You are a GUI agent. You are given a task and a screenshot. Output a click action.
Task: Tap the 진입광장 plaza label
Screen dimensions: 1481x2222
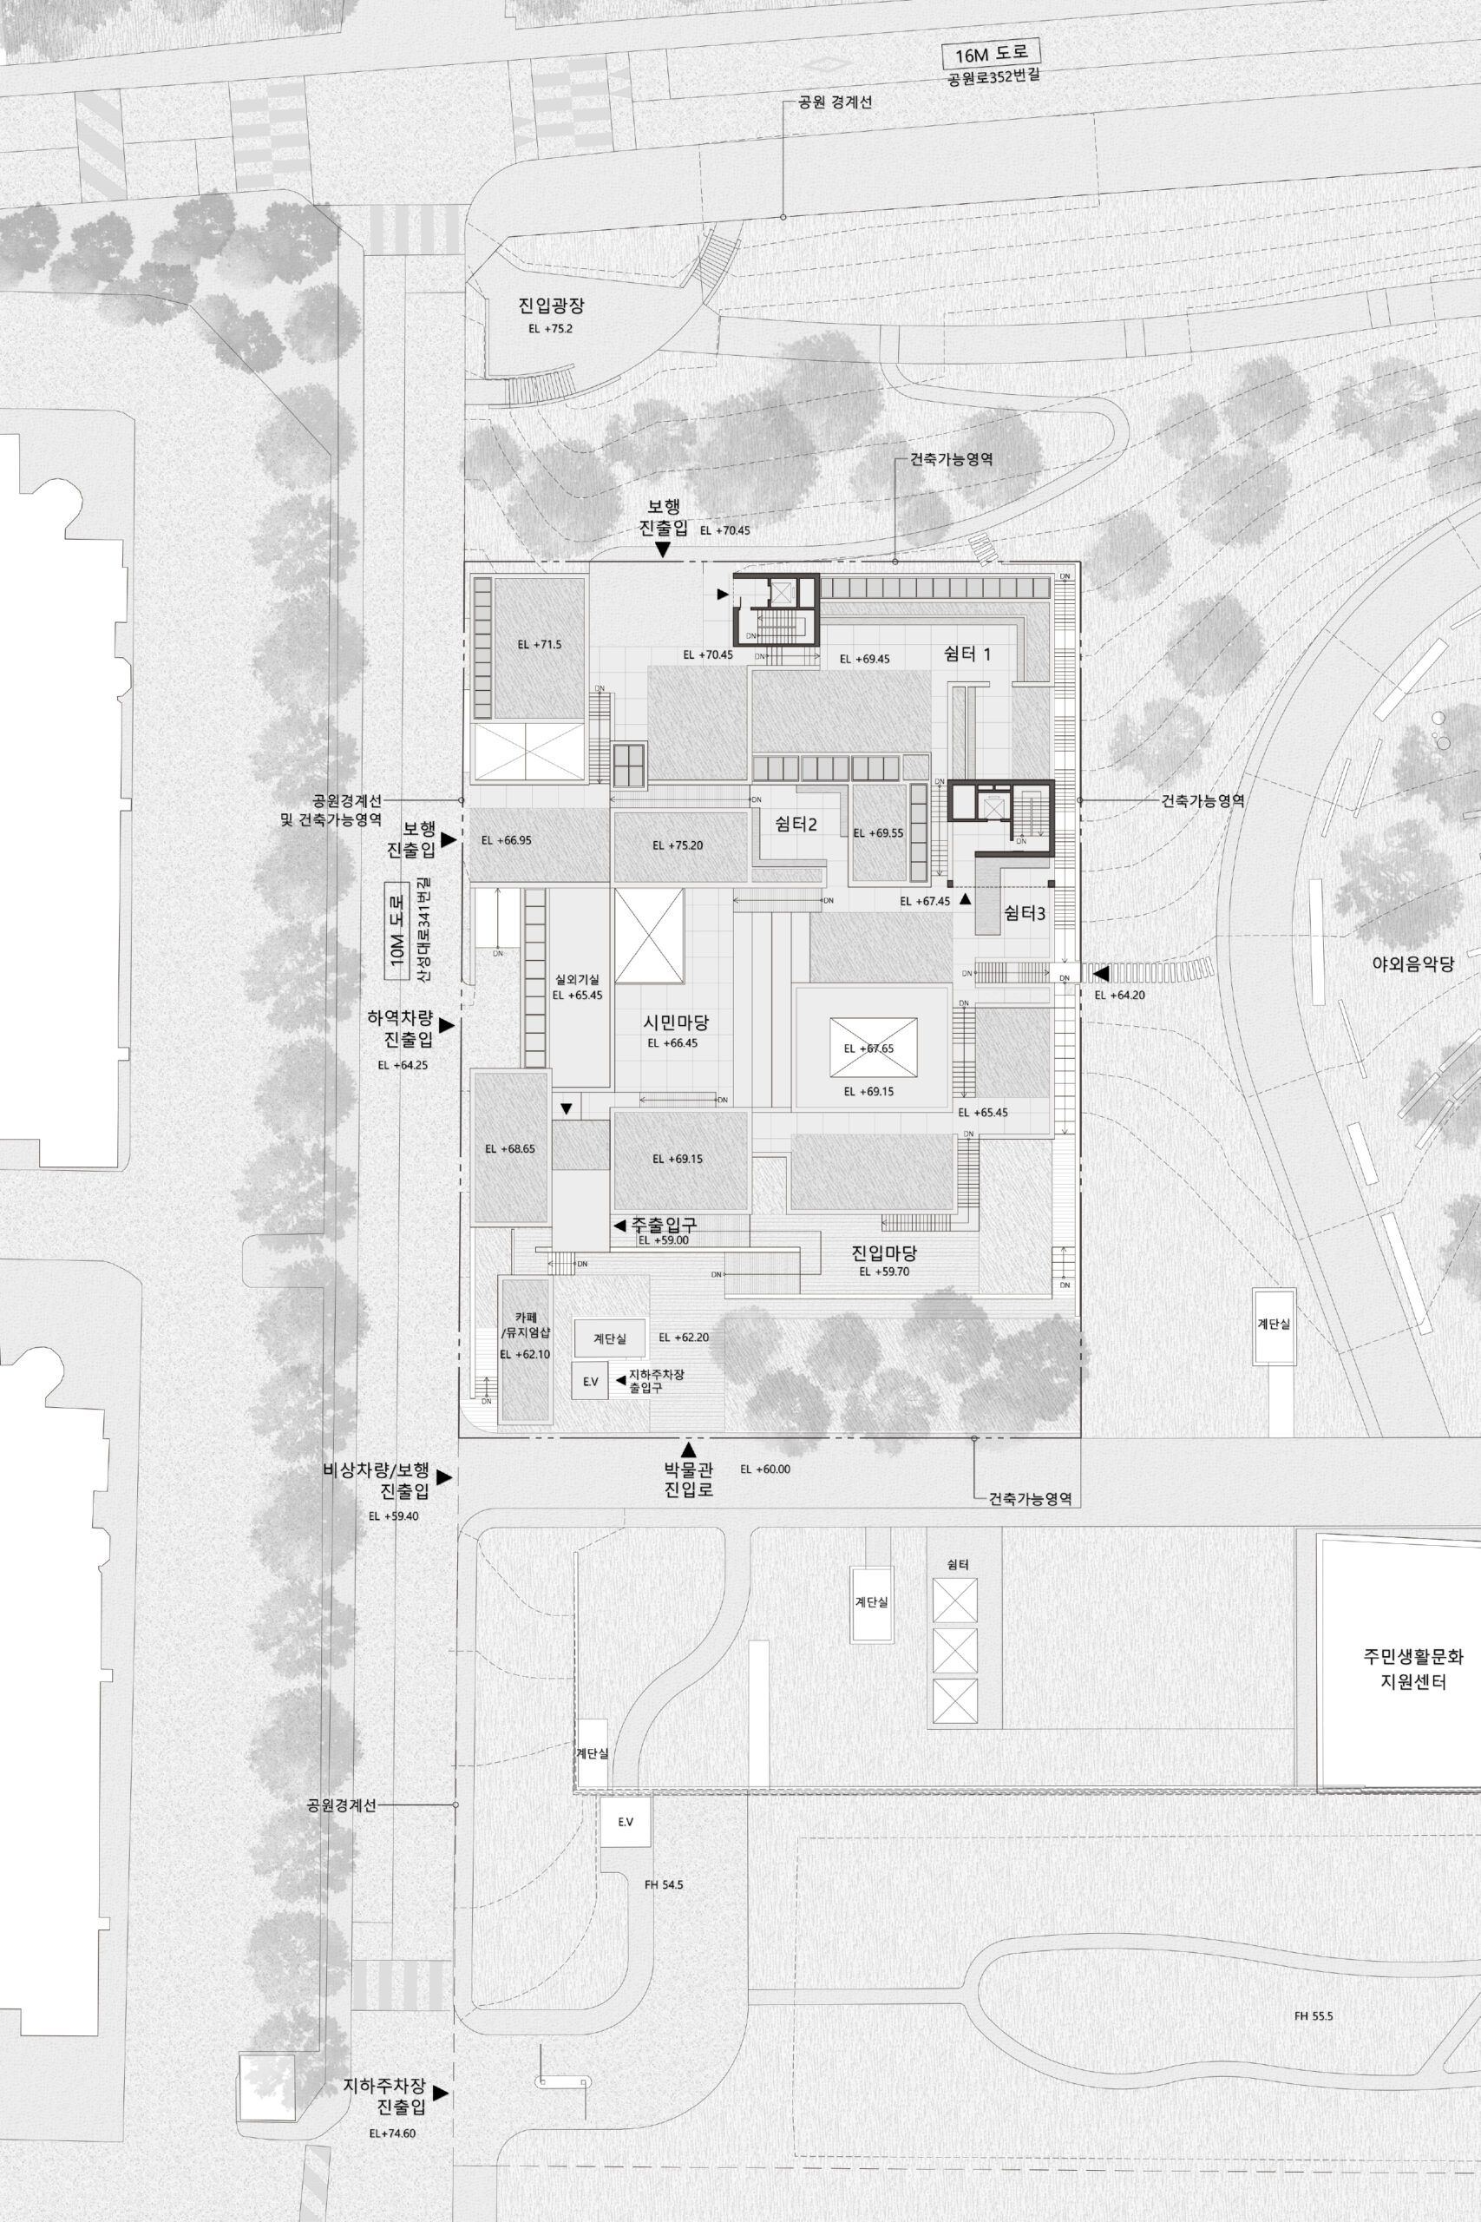tap(552, 306)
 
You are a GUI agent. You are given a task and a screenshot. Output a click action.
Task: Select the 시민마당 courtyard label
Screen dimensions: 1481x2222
tap(676, 1022)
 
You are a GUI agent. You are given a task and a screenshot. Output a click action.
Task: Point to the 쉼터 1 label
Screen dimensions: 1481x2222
tap(967, 653)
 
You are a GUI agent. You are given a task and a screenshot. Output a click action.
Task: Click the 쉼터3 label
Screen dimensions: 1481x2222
tap(1025, 914)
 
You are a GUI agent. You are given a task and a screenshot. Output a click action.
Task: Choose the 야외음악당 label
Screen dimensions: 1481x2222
tap(1413, 963)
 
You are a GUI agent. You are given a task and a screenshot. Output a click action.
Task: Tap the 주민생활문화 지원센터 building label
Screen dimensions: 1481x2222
tap(1413, 1668)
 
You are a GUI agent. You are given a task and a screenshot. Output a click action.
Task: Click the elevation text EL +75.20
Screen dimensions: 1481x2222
tap(678, 845)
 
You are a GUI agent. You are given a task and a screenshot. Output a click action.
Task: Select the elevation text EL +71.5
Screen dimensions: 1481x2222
tap(540, 644)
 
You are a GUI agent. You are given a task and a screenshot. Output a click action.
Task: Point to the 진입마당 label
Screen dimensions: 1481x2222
tap(884, 1252)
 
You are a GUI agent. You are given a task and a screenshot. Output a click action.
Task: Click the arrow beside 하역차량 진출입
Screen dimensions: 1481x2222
tap(447, 1025)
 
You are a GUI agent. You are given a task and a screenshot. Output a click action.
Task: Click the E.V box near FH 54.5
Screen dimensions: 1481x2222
tap(626, 1823)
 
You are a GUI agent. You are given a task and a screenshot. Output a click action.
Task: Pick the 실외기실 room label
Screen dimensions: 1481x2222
tap(577, 981)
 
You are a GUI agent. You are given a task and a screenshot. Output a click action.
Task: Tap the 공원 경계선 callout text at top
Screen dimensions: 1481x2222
tap(835, 102)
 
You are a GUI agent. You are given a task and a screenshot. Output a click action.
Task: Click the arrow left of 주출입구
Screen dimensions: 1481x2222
tap(619, 1226)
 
